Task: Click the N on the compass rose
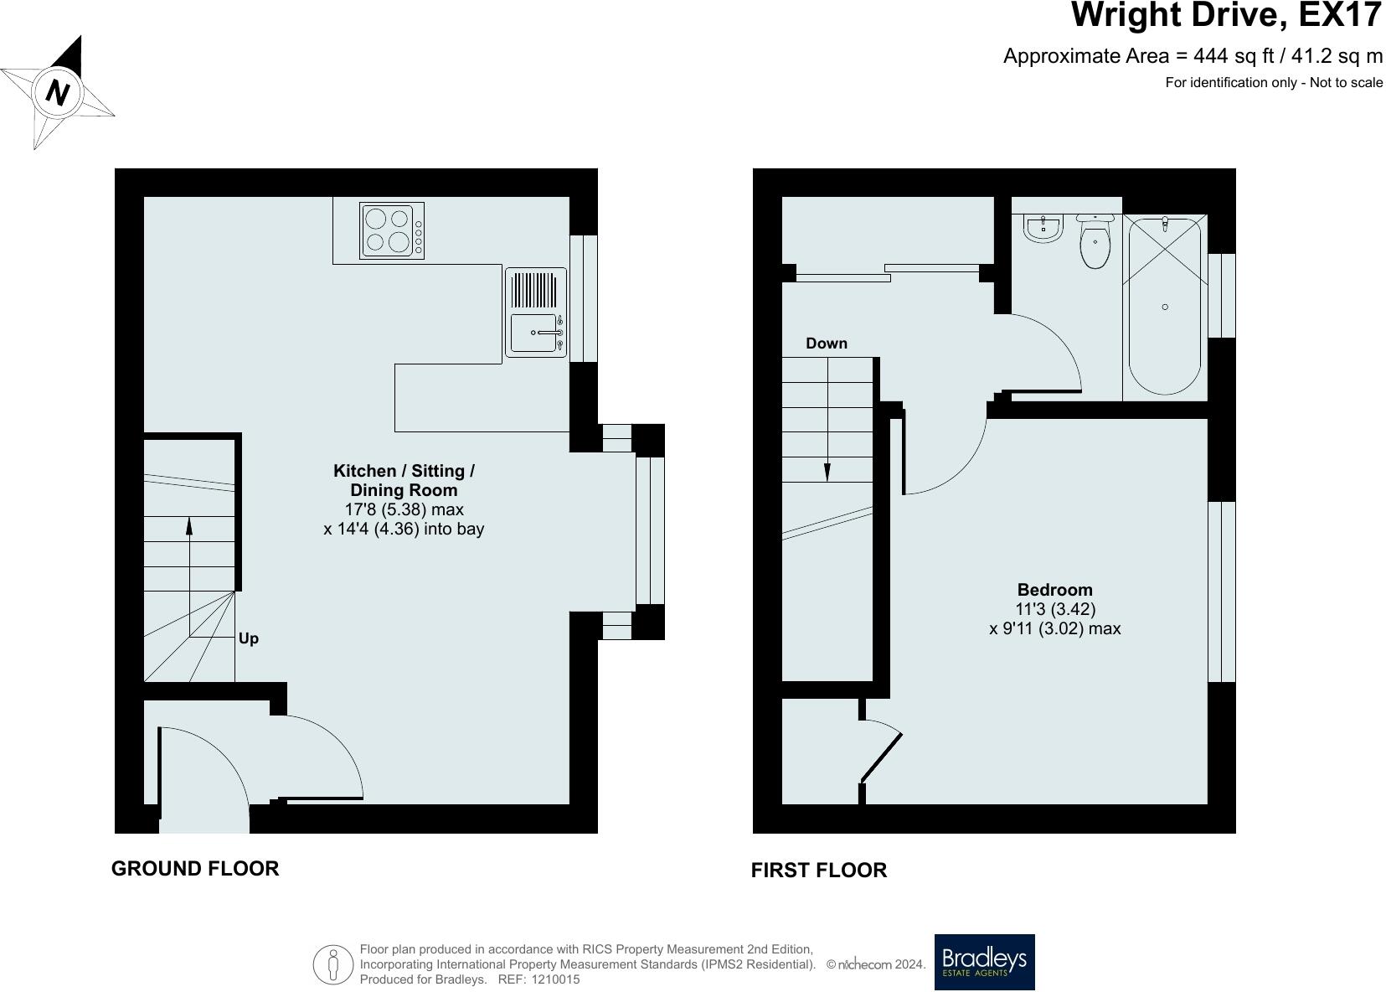coord(57,94)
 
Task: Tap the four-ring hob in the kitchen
coord(392,230)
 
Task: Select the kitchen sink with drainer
coord(536,313)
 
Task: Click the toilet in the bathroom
coord(1095,241)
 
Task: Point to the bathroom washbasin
coord(1043,229)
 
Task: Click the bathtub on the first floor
coord(1164,307)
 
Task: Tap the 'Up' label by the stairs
coord(249,638)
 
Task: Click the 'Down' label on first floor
coord(826,344)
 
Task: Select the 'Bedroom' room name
coord(1055,590)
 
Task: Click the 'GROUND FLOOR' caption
coord(195,868)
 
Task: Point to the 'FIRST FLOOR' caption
coord(818,870)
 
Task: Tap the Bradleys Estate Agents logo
coord(984,962)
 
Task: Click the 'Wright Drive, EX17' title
coord(1226,15)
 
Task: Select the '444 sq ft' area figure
coord(1234,56)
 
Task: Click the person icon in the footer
coord(332,964)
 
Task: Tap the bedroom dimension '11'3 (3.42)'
coord(1055,610)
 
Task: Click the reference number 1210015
coord(555,979)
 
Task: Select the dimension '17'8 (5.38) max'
coord(404,509)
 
